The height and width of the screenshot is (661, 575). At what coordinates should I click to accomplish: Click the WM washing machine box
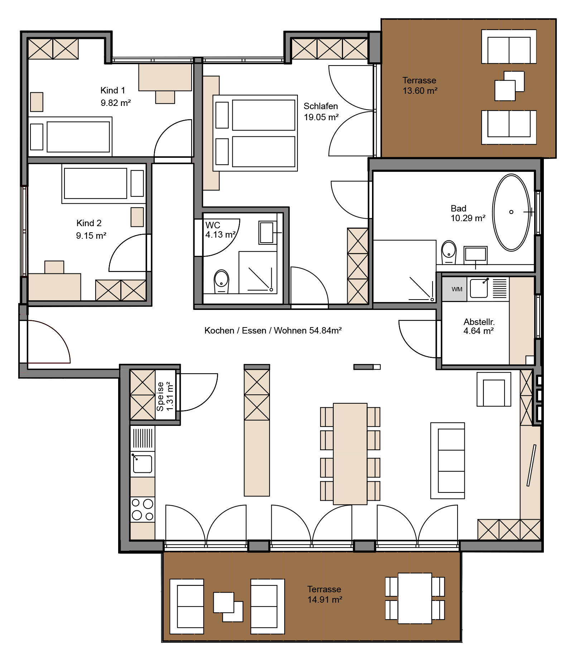454,289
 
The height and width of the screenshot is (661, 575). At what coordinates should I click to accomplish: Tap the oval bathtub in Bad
511,213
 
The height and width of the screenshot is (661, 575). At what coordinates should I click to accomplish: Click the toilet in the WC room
221,281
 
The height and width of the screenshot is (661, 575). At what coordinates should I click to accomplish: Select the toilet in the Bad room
449,252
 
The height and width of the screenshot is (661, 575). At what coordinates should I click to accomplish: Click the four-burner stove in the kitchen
142,509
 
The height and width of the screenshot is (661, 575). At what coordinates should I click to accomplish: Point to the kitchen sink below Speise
142,464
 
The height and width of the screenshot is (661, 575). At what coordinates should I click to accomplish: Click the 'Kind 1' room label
113,90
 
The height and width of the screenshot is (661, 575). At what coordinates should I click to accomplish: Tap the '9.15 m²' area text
91,235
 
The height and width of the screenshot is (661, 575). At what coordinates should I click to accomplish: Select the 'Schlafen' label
321,106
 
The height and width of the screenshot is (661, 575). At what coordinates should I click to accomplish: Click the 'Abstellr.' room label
479,321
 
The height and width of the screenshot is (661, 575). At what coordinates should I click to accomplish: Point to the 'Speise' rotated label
160,396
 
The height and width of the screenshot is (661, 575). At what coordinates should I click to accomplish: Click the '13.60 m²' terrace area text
420,91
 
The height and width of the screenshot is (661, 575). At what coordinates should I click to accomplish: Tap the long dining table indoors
350,454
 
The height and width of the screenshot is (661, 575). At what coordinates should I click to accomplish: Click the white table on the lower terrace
415,598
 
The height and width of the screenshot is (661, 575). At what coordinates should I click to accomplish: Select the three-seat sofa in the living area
448,461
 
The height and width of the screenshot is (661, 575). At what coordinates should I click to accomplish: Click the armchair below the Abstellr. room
494,389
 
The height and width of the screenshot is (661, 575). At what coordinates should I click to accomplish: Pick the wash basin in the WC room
267,233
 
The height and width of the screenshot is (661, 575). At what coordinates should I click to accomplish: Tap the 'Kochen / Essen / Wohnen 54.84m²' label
273,330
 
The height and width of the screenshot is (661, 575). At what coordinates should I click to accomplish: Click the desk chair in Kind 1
165,97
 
